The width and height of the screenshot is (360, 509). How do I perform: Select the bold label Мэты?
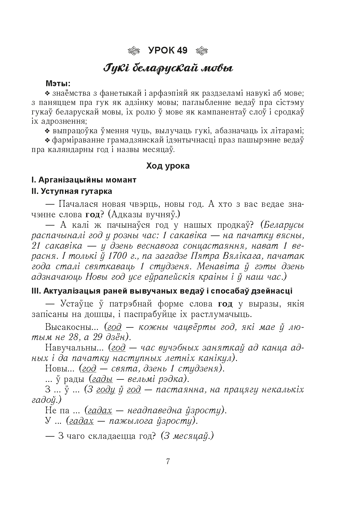click(58, 83)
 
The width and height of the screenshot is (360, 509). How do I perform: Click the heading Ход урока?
click(168, 166)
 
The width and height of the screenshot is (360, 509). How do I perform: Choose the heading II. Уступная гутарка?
click(72, 191)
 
